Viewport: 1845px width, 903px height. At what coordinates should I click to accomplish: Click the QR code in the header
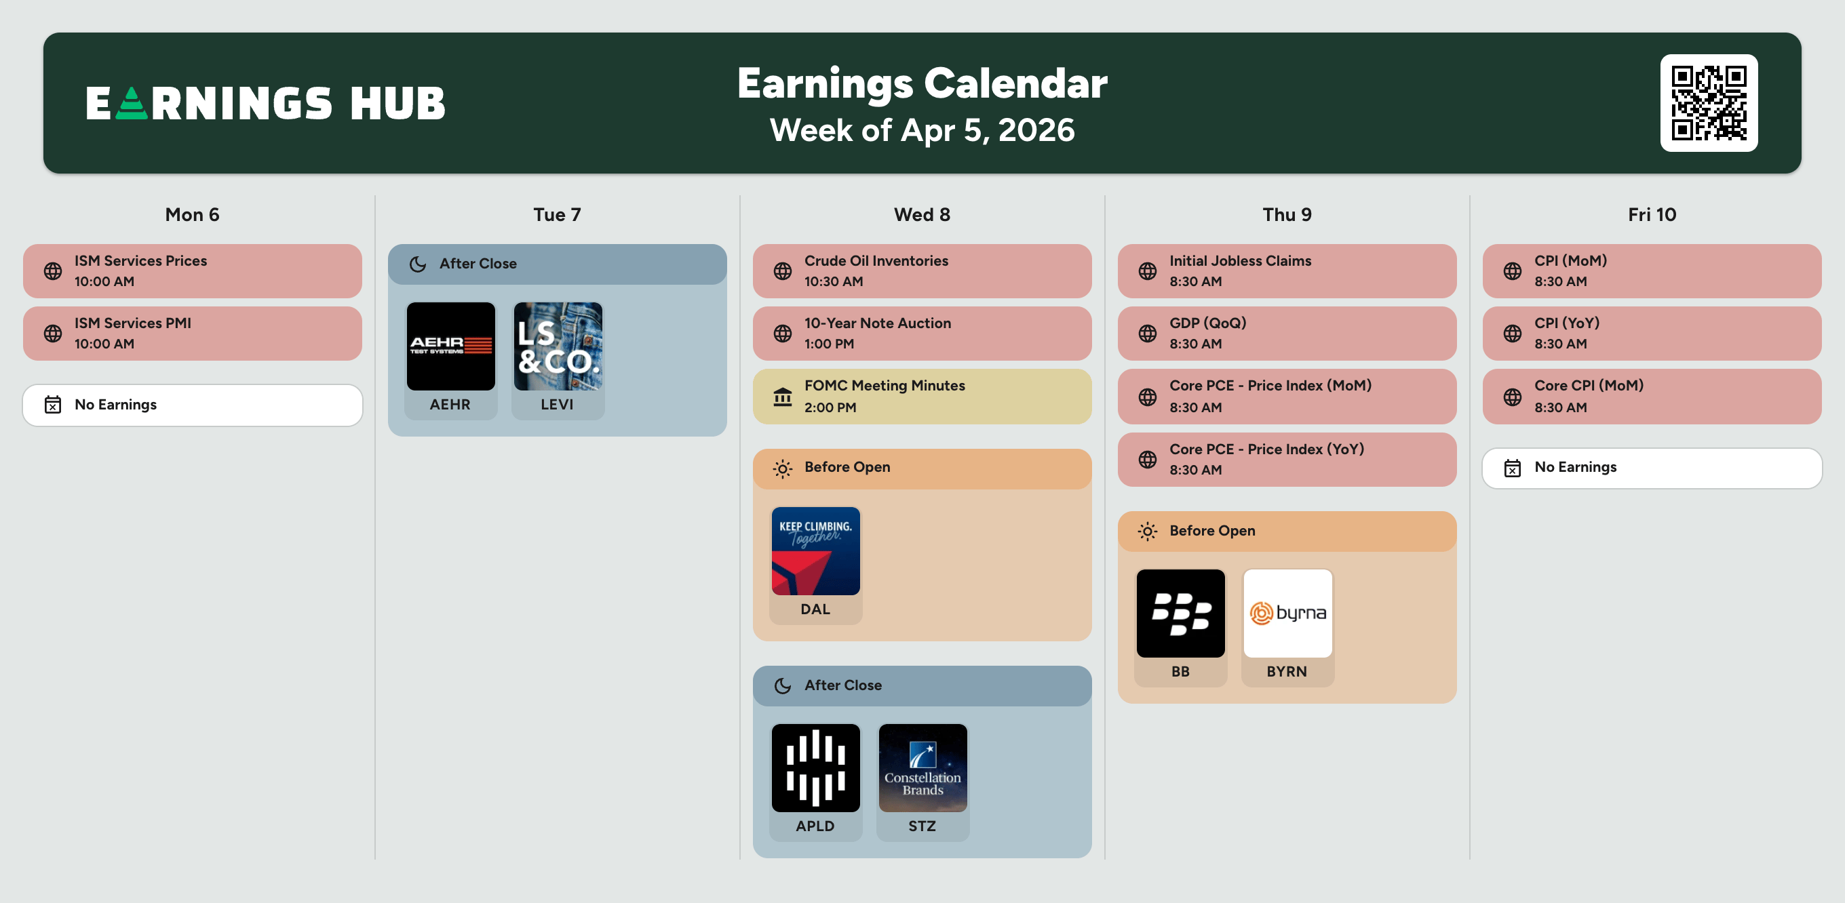(x=1708, y=103)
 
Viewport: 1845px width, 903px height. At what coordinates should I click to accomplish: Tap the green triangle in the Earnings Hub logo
(x=131, y=103)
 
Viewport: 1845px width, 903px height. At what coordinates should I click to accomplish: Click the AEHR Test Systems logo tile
(x=450, y=346)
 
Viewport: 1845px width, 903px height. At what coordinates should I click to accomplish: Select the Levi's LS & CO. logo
(x=558, y=346)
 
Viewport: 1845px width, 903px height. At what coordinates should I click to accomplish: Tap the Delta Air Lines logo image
(x=816, y=550)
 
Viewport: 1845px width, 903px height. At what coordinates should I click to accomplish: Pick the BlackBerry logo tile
(x=1180, y=613)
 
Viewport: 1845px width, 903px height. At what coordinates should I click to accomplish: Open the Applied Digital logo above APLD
(x=816, y=767)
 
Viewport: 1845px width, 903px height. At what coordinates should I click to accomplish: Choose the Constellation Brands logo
(x=922, y=767)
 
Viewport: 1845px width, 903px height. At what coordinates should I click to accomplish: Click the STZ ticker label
(x=922, y=826)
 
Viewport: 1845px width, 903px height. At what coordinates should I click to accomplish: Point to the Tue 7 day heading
(x=557, y=215)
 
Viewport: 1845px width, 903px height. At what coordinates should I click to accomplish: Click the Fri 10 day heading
(x=1652, y=215)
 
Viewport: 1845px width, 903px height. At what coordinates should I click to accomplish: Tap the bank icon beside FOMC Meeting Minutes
(x=783, y=397)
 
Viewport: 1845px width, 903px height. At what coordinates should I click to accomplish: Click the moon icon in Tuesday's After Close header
(x=418, y=264)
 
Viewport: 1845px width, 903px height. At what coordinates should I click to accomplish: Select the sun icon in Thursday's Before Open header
(x=1148, y=531)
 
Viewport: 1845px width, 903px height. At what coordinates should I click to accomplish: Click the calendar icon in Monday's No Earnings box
(x=53, y=405)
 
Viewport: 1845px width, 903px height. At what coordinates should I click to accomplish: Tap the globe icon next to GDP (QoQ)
(x=1148, y=334)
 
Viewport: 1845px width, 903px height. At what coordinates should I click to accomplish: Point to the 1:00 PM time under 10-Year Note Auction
(x=829, y=344)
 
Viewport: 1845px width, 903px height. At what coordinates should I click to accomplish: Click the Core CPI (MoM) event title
(x=1589, y=385)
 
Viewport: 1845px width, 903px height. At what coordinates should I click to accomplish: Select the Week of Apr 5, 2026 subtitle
(x=922, y=130)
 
